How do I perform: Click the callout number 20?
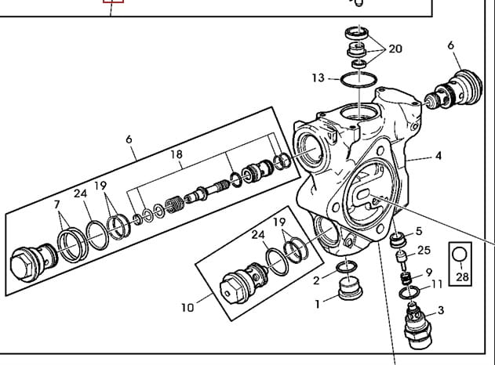[395, 49]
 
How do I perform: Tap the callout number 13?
[318, 78]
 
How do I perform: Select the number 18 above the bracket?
[177, 155]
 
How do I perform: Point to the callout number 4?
[438, 156]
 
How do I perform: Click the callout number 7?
[56, 205]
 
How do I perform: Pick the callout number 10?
[187, 307]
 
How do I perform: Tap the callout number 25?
[424, 250]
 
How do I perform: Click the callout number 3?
[440, 310]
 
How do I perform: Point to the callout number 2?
[316, 280]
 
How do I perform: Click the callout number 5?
[419, 231]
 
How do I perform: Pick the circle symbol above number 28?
[460, 255]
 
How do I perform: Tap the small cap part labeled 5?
[399, 238]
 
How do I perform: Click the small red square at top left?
[114, 2]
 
